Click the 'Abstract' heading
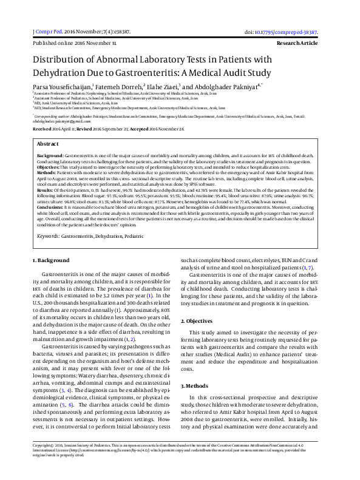point(48,144)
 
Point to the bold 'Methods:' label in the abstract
point(49,172)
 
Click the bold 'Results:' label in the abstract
point(47,189)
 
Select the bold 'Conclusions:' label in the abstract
point(52,207)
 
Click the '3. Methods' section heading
point(195,385)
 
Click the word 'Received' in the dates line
point(42,129)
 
